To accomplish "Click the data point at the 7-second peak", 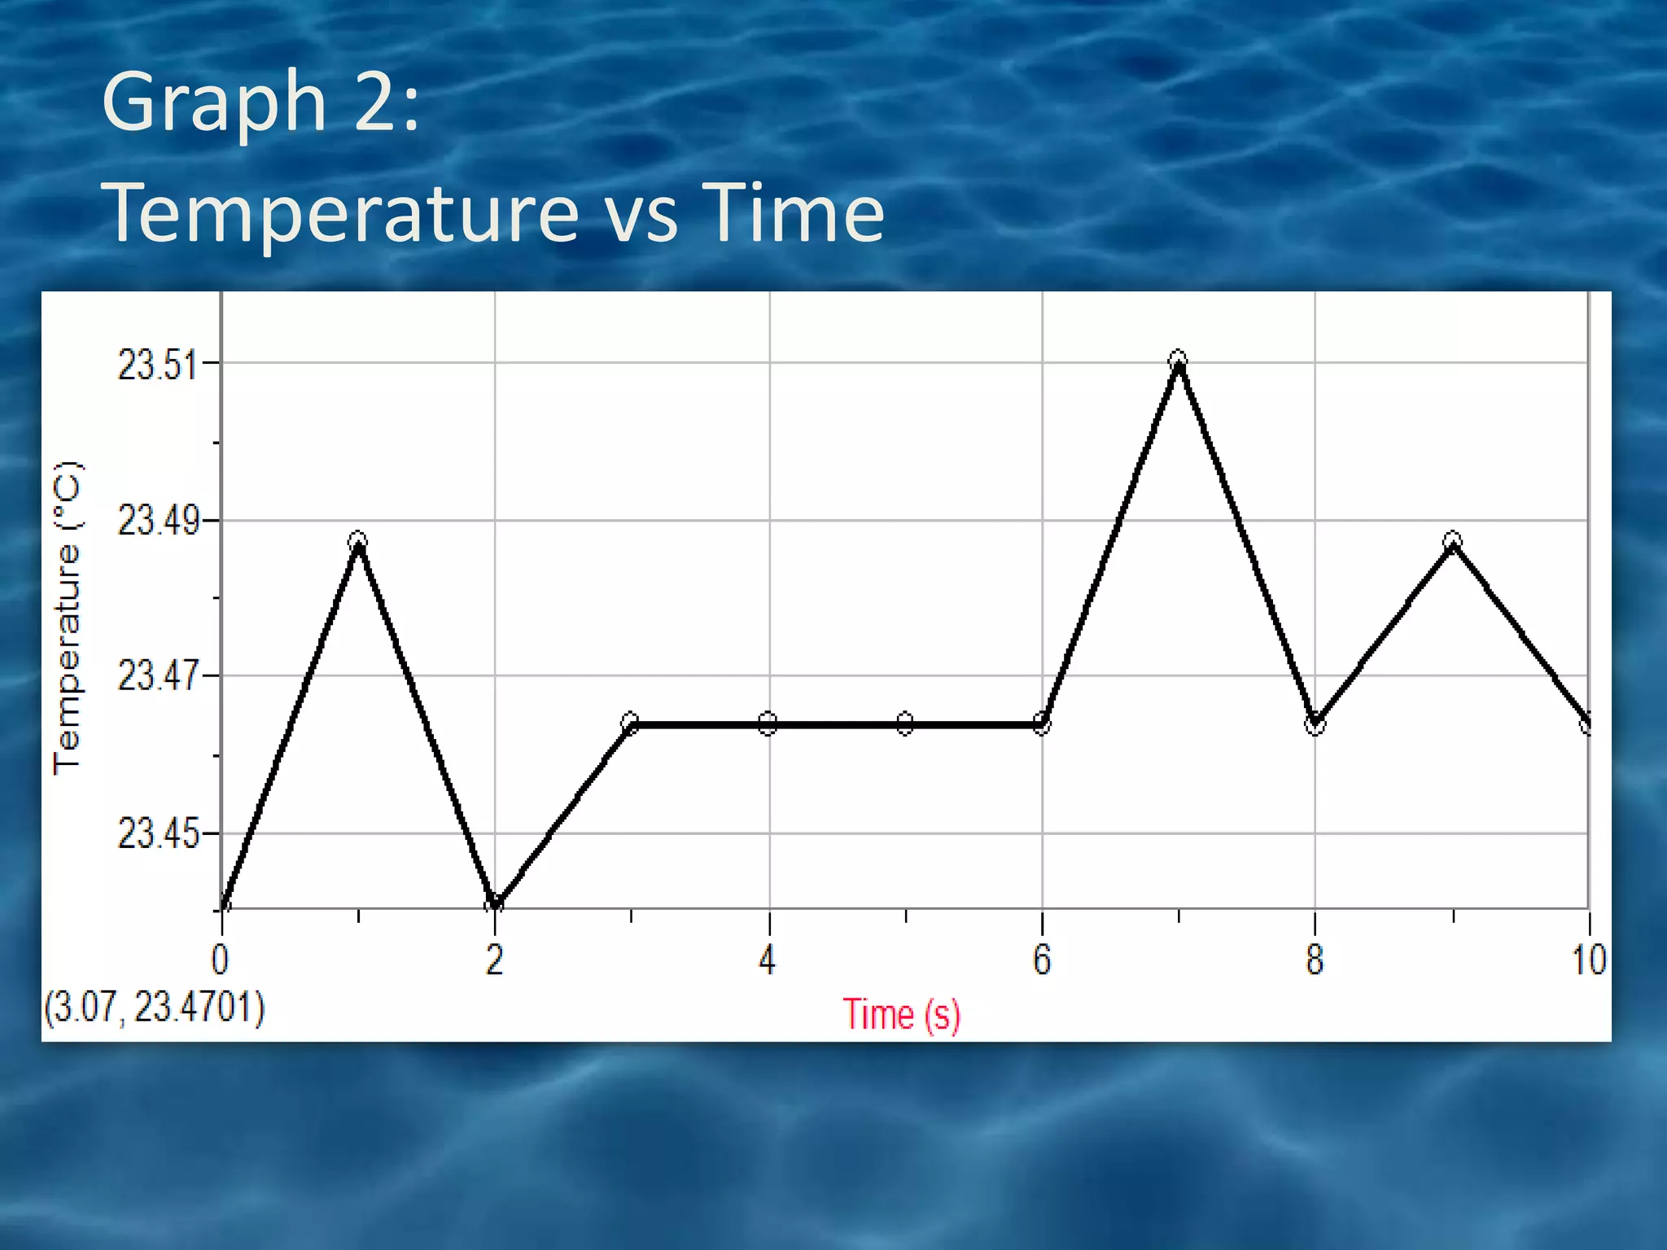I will pos(1178,360).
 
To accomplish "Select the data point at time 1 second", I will pos(358,541).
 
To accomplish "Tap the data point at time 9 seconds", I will pos(1453,541).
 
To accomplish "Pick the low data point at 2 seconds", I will pos(494,903).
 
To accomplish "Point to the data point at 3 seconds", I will pos(630,723).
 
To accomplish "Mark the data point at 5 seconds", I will pos(905,723).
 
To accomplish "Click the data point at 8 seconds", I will pos(1315,724).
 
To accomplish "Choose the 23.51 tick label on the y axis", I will pos(157,364).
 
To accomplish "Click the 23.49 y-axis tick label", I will pos(157,520).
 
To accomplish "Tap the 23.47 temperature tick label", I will pos(157,675).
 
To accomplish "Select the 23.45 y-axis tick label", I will pos(157,833).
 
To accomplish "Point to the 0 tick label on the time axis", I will pos(220,959).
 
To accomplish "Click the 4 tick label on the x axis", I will pos(768,959).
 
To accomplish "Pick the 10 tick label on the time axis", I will pos(1588,959).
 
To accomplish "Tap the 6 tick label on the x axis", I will pos(1042,959).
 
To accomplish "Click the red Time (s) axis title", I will pos(901,1015).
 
